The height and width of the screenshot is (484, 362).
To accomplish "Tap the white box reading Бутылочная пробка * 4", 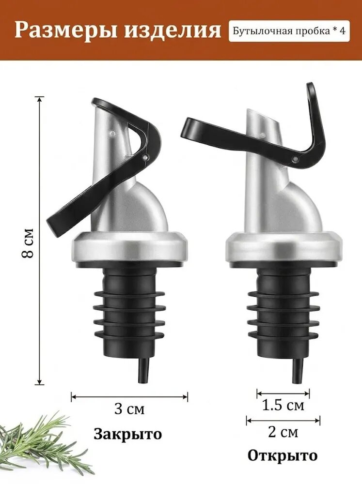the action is pos(289,31).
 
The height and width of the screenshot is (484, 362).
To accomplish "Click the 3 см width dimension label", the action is pos(129,409).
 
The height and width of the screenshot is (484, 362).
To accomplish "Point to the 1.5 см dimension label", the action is pos(283,405).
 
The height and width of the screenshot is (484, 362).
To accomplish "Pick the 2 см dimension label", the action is pos(283,432).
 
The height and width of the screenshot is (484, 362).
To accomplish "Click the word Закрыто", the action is pos(128,434).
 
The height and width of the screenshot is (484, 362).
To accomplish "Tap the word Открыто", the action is pos(283,455).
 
